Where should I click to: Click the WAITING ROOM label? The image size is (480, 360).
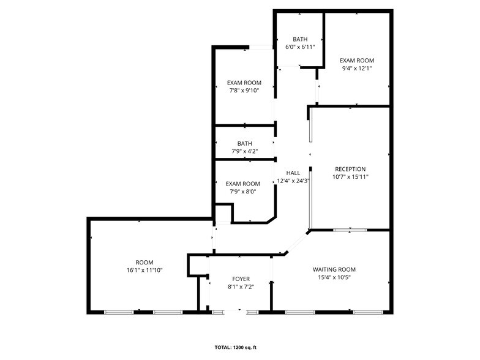click(x=334, y=269)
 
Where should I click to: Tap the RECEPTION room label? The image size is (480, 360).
click(x=350, y=169)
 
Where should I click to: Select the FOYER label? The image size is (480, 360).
click(x=241, y=279)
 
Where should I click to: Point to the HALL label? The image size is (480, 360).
click(x=293, y=173)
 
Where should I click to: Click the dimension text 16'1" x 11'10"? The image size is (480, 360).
click(x=144, y=269)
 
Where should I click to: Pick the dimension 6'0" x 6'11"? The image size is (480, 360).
click(x=300, y=47)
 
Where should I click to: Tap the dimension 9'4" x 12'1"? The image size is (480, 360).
click(x=357, y=68)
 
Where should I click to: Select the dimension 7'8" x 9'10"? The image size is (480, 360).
click(x=244, y=90)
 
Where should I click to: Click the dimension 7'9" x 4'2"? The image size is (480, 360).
click(x=244, y=151)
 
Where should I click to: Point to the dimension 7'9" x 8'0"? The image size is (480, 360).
click(x=243, y=191)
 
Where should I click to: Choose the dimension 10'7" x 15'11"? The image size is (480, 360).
click(x=350, y=177)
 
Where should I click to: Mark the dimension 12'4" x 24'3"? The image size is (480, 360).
click(x=293, y=181)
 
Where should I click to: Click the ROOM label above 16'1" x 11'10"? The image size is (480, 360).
click(x=144, y=262)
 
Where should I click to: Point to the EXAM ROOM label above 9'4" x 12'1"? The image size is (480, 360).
click(x=357, y=61)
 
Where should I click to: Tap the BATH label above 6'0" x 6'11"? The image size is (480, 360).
click(x=300, y=39)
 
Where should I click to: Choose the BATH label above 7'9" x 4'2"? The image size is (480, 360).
click(x=244, y=144)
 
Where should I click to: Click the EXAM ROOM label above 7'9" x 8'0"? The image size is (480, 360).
click(x=243, y=184)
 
